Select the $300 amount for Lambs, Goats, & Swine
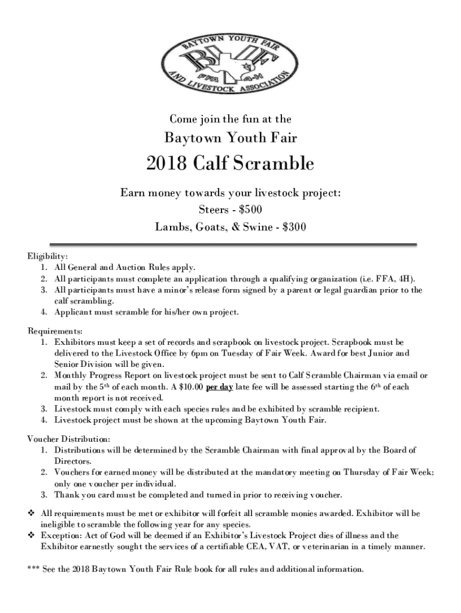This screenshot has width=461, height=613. [x=295, y=227]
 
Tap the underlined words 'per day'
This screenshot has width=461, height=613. [x=219, y=387]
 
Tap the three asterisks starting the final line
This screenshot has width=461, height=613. [x=34, y=569]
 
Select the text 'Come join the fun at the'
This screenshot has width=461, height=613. [x=230, y=119]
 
